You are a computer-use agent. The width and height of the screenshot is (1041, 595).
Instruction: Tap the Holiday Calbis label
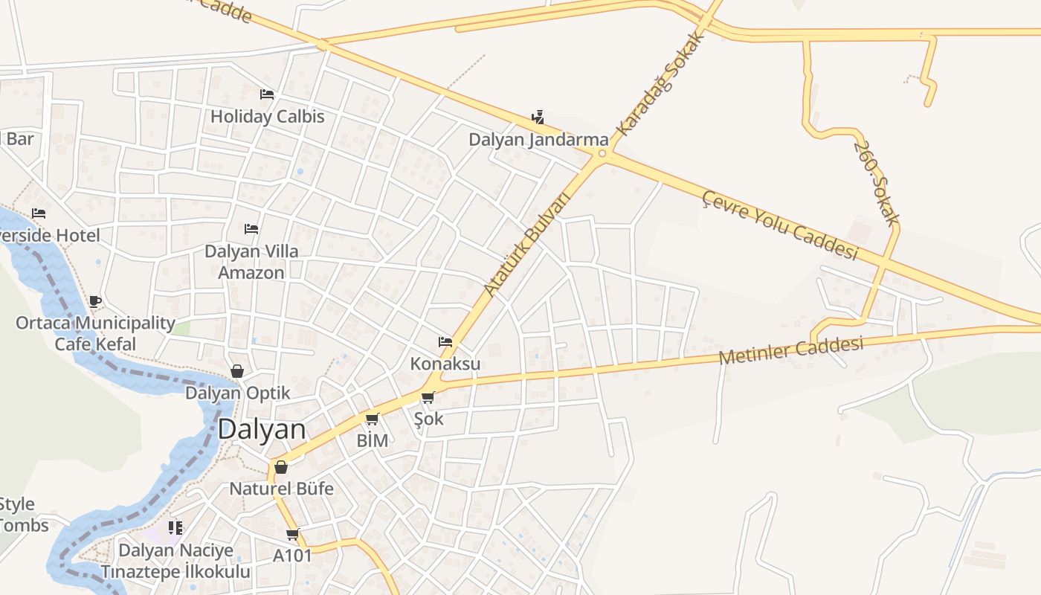pyautogui.click(x=268, y=117)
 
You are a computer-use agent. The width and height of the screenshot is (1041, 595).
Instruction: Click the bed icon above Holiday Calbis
pyautogui.click(x=267, y=94)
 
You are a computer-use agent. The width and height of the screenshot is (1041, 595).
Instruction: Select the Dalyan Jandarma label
pyautogui.click(x=538, y=140)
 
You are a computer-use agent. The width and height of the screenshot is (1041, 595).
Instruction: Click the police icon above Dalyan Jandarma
pyautogui.click(x=538, y=117)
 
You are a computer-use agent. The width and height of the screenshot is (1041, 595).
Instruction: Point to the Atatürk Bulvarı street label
pyautogui.click(x=526, y=243)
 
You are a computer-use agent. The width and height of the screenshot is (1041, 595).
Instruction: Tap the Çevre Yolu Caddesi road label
pyautogui.click(x=780, y=225)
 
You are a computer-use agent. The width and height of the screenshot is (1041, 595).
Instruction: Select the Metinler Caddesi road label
pyautogui.click(x=791, y=350)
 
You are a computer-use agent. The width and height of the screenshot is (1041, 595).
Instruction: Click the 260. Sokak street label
pyautogui.click(x=877, y=181)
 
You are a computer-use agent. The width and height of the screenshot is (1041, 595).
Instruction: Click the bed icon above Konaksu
pyautogui.click(x=445, y=341)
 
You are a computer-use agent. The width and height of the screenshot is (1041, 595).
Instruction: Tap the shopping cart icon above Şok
pyautogui.click(x=428, y=397)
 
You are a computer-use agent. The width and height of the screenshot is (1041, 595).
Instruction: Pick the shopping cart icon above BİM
pyautogui.click(x=372, y=419)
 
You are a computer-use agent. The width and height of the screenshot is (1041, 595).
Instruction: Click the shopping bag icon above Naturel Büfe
pyautogui.click(x=281, y=467)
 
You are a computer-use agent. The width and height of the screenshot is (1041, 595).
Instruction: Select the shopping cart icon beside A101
pyautogui.click(x=293, y=534)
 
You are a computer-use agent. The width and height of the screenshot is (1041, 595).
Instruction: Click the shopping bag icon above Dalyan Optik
pyautogui.click(x=237, y=370)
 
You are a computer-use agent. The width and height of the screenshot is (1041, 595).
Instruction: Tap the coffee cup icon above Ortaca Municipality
pyautogui.click(x=95, y=301)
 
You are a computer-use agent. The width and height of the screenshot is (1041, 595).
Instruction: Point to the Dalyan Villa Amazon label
pyautogui.click(x=251, y=262)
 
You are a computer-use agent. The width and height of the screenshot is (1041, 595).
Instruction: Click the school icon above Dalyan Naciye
pyautogui.click(x=175, y=528)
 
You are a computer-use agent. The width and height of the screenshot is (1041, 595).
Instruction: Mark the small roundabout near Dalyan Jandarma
pyautogui.click(x=602, y=155)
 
